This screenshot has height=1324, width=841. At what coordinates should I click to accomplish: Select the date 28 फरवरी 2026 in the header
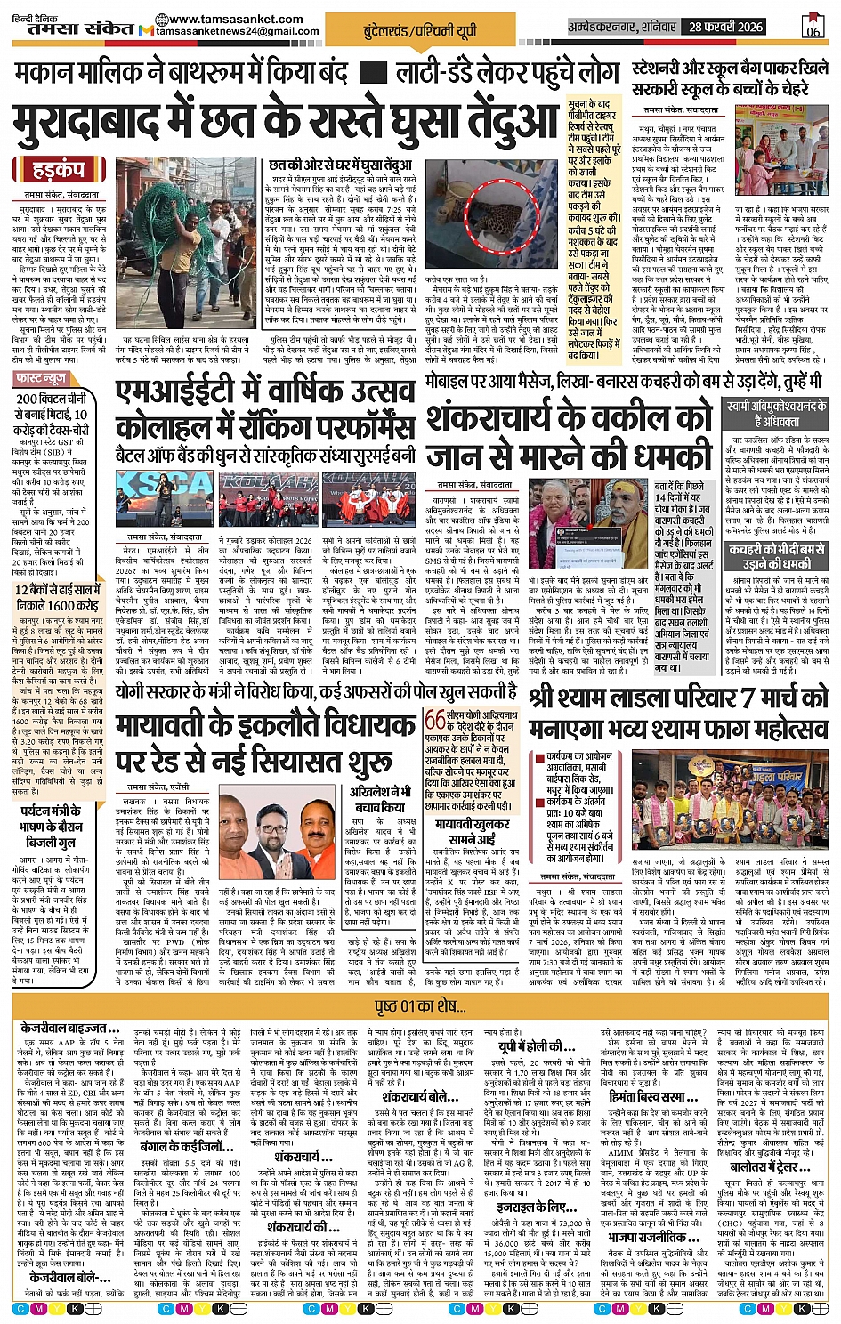(725, 27)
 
